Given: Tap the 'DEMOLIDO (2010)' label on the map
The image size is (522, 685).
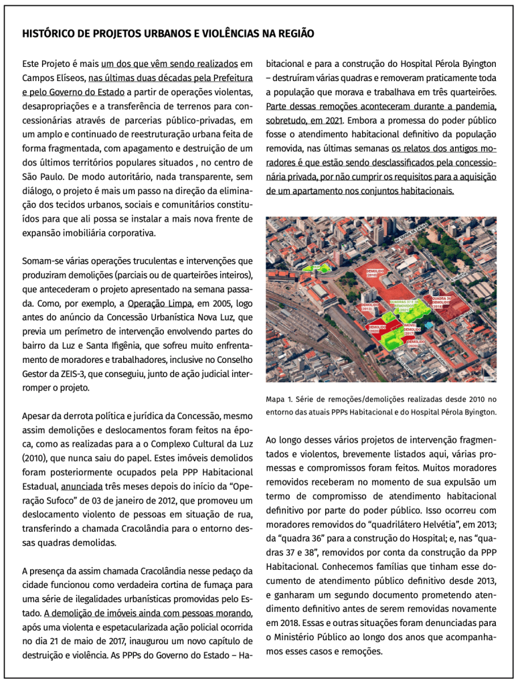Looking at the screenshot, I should [374, 273].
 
